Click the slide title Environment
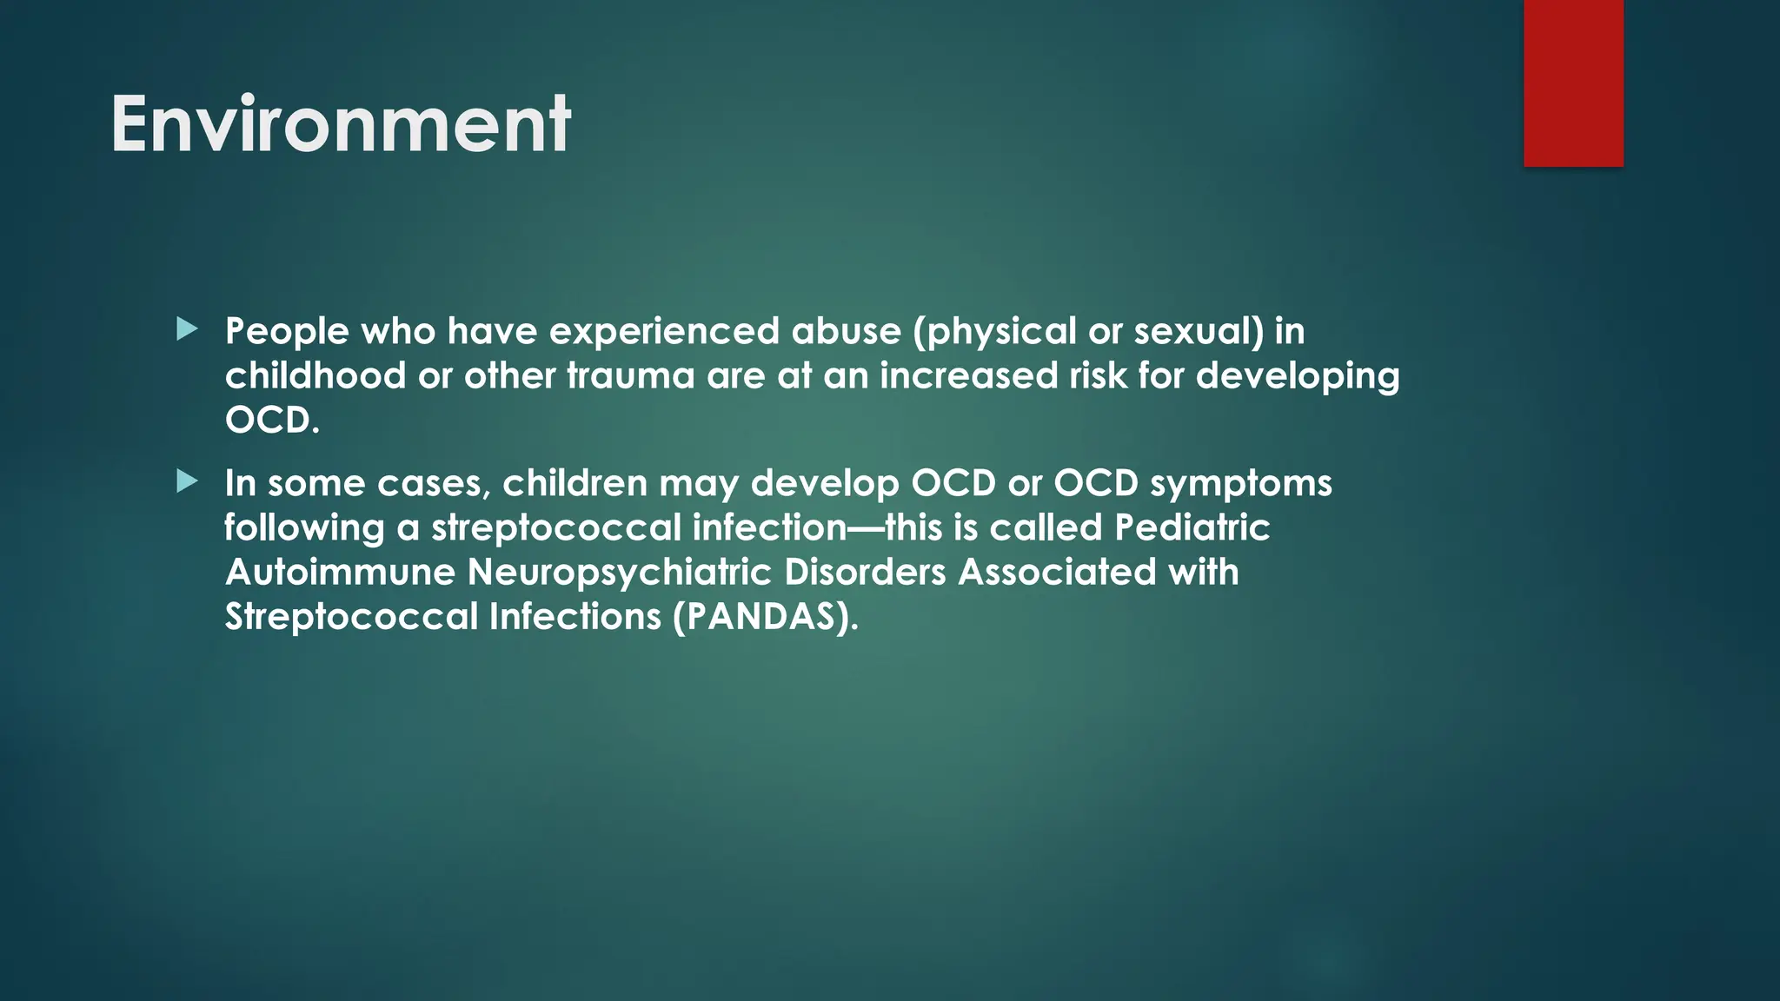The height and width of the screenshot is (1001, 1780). (341, 125)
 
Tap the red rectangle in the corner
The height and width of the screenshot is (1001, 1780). (1573, 83)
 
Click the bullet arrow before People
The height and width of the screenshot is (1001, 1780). (187, 329)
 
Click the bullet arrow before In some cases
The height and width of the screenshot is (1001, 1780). (187, 481)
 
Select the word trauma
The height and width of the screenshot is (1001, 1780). (630, 376)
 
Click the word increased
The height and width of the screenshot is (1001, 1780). (968, 376)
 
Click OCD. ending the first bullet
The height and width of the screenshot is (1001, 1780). (272, 421)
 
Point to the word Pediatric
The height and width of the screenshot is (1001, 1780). (1192, 527)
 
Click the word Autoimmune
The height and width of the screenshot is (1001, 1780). (340, 573)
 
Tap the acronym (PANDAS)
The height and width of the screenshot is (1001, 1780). (765, 618)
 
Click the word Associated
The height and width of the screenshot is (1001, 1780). (1057, 573)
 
